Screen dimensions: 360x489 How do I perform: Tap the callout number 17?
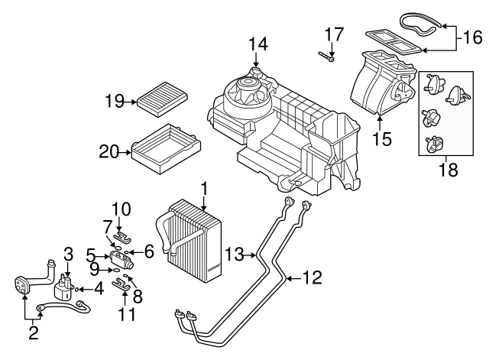pos(334,34)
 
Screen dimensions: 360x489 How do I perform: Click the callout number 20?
pos(109,152)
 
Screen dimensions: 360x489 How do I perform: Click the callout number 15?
pos(381,138)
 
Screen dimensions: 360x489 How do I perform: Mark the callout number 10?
pos(121,208)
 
